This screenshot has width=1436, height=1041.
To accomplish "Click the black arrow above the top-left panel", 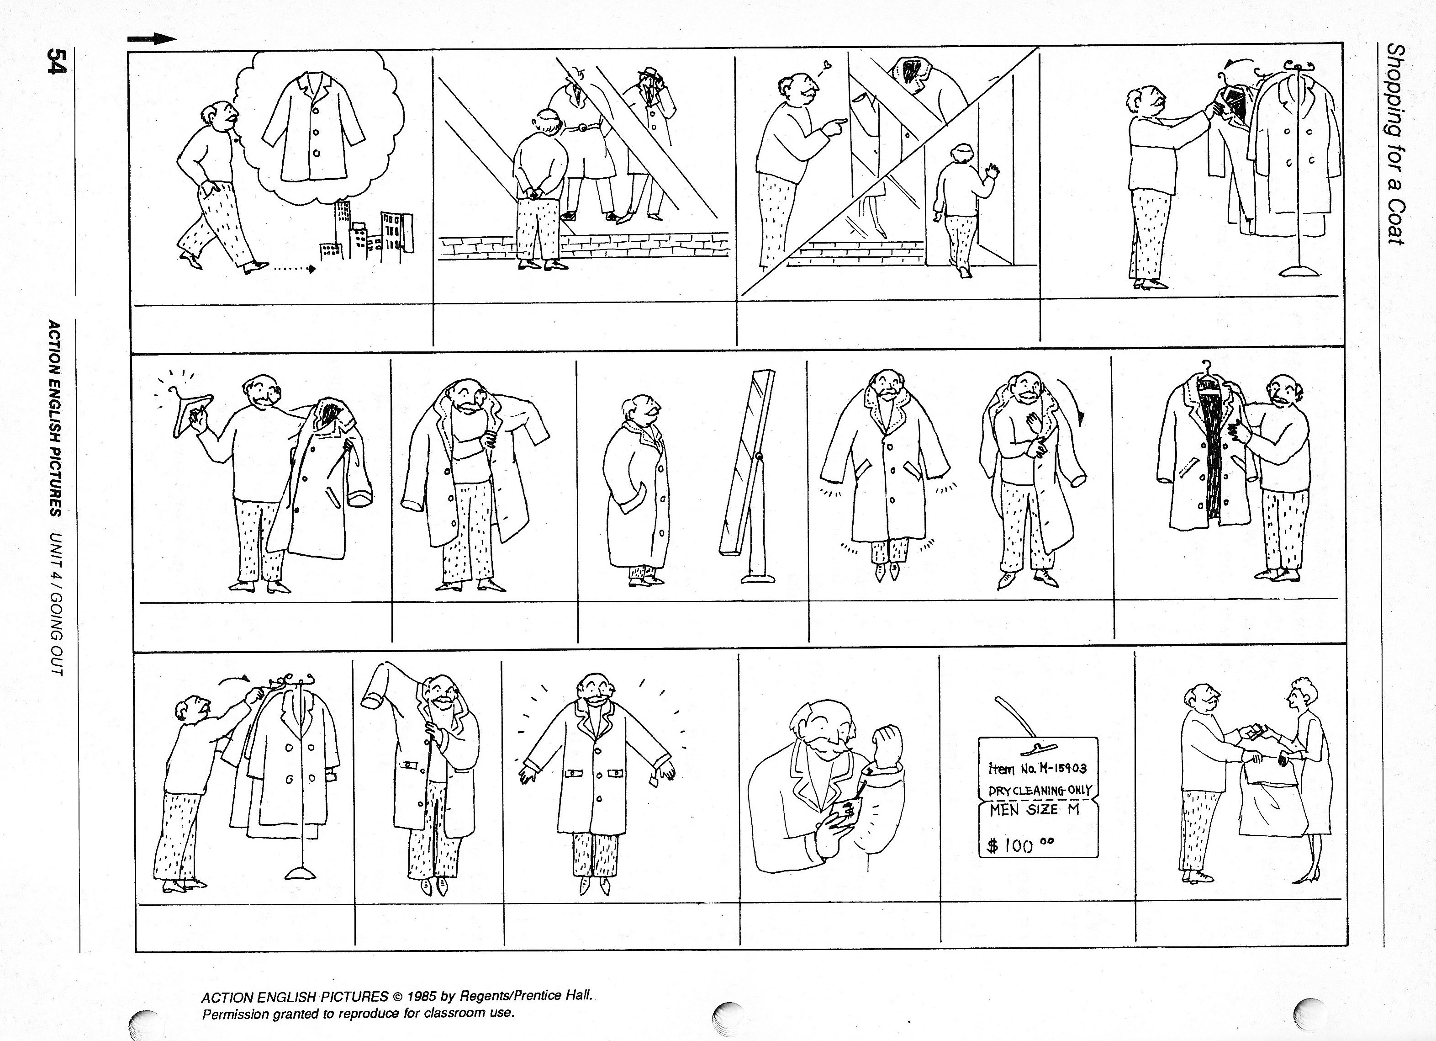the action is click(152, 39).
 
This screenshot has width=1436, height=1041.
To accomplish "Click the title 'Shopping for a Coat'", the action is click(1397, 143).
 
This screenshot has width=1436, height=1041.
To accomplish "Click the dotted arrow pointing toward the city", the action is click(292, 269).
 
